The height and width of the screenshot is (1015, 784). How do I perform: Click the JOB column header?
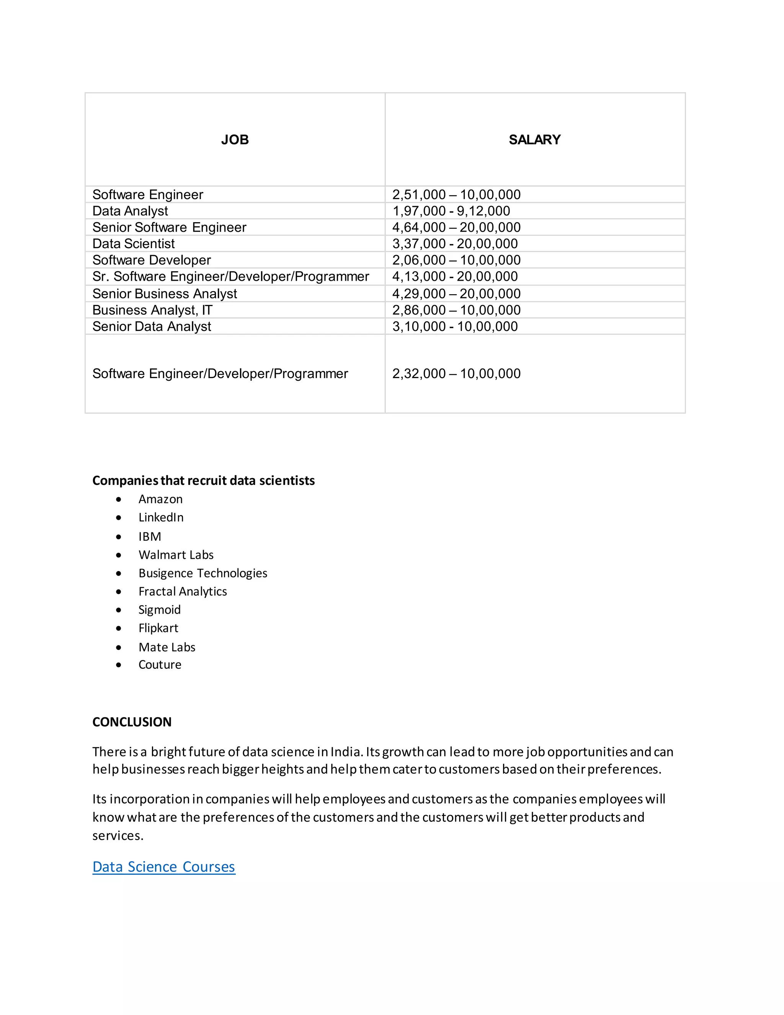[235, 139]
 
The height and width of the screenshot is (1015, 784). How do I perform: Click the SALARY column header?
[534, 139]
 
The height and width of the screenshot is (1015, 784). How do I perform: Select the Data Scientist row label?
[133, 244]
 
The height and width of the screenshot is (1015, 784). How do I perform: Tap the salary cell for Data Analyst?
[451, 211]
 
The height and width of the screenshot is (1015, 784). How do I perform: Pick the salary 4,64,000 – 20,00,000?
[456, 227]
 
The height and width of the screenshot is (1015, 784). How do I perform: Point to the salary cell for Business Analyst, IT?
[456, 310]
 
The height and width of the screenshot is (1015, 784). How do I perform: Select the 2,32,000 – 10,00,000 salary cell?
[456, 374]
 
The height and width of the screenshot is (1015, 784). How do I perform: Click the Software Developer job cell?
[152, 260]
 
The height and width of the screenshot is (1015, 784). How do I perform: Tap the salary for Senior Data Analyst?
[455, 326]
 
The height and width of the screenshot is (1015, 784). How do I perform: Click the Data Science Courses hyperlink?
[163, 867]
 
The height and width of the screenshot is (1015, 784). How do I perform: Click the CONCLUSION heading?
[132, 722]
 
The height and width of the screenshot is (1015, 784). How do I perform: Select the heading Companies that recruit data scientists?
[203, 481]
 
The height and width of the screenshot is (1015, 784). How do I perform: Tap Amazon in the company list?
[160, 499]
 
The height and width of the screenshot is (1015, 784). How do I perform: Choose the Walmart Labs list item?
[176, 555]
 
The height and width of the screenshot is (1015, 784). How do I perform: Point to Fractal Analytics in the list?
[183, 592]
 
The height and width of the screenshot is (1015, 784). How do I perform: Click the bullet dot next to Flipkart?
[119, 628]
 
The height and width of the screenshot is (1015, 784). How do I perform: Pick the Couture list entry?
[160, 665]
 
